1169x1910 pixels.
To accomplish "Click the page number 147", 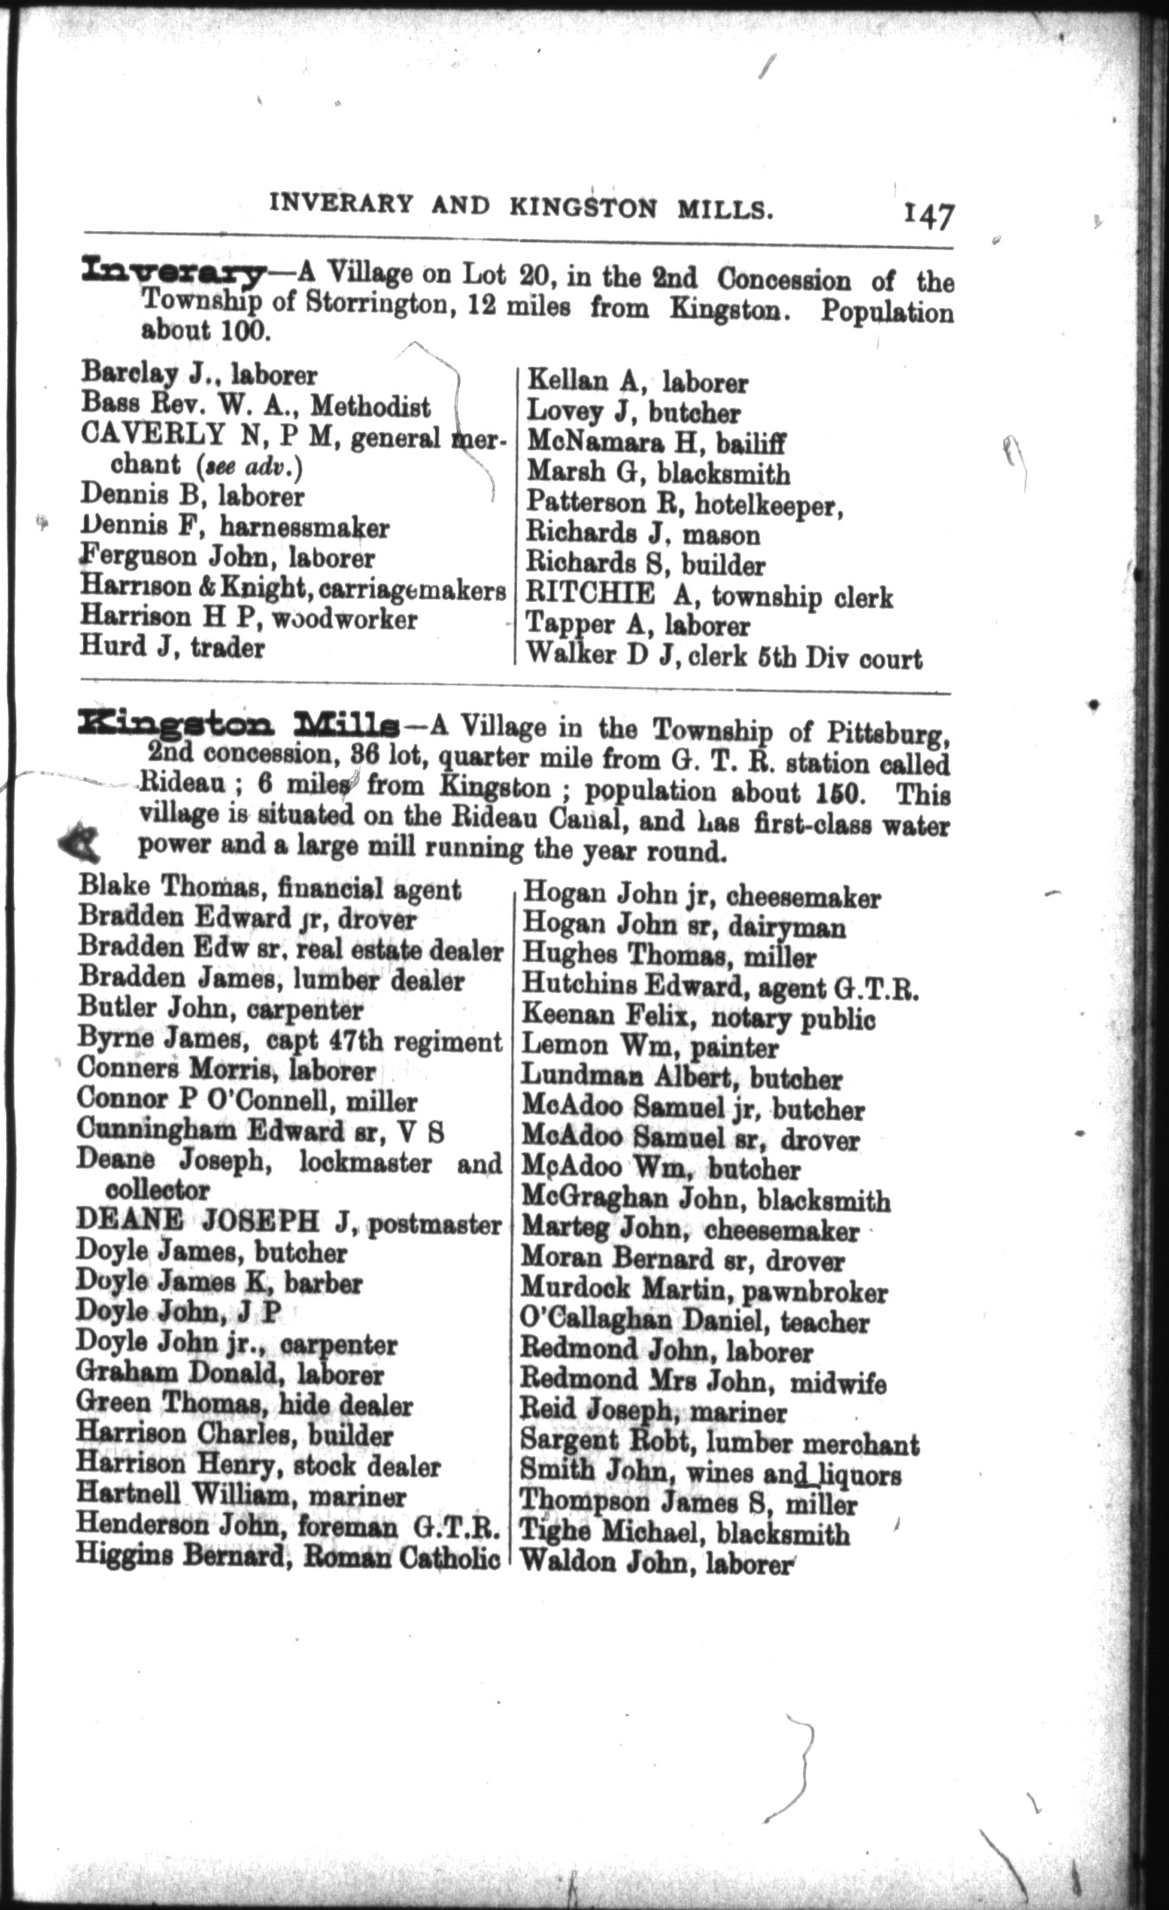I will tap(929, 215).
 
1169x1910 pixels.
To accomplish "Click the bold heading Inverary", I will tap(171, 274).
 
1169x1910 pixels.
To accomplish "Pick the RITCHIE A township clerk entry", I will tap(709, 596).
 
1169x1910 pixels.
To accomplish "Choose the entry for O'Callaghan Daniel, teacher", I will tap(694, 1322).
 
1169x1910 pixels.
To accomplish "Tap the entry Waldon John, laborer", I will tap(656, 1563).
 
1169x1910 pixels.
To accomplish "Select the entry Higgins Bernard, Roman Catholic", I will tap(288, 1559).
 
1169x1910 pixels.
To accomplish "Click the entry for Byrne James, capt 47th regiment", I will tap(289, 1041).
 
